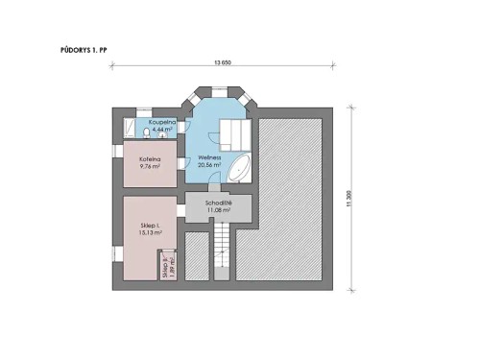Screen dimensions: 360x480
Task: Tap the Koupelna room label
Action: pyautogui.click(x=160, y=123)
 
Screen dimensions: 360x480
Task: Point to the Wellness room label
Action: pyautogui.click(x=210, y=156)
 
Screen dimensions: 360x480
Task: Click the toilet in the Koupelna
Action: pyautogui.click(x=146, y=135)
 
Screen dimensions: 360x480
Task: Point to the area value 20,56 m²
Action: pyautogui.click(x=210, y=164)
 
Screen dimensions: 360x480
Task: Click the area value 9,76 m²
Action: pyautogui.click(x=150, y=167)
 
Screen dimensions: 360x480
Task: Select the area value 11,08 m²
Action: pyautogui.click(x=217, y=210)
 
